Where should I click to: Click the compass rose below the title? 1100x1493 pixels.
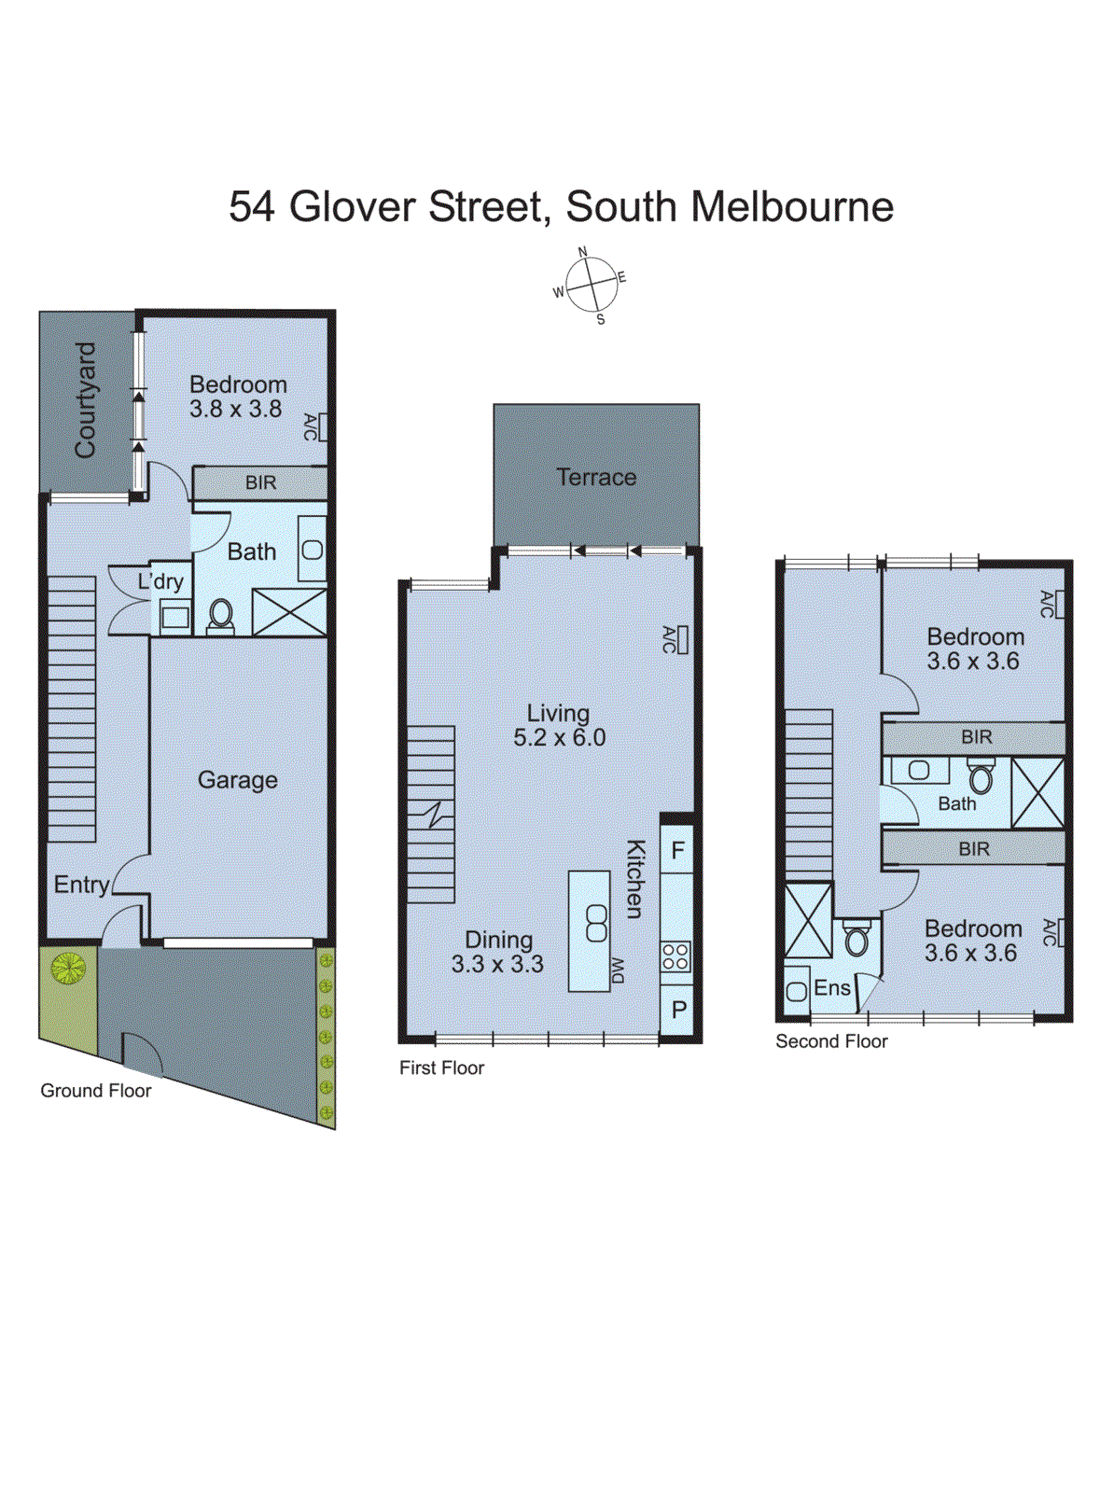coord(591,285)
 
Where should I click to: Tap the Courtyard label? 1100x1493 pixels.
coord(85,399)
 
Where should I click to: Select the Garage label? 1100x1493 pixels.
coord(237,780)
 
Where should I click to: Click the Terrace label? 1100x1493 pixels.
coord(596,477)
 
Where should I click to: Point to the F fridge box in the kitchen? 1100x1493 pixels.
coord(677,850)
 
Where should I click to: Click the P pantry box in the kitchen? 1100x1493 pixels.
coord(678,1009)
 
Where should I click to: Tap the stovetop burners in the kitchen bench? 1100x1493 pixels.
coord(675,956)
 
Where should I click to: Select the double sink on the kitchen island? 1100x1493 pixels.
coord(595,923)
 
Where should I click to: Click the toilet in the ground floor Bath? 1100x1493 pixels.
coord(220,616)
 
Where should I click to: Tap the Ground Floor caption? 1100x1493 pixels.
coord(95,1091)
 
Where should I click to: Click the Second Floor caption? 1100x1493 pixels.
coord(831,1041)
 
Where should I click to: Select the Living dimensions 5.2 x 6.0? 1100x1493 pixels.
coord(559,738)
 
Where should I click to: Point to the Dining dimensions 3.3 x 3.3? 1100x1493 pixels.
coord(497,964)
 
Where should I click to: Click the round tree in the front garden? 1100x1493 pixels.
coord(68,968)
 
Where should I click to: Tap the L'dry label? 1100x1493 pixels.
coord(160,581)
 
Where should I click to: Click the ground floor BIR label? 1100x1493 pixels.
coord(260,482)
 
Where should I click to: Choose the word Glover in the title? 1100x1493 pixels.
coord(353,206)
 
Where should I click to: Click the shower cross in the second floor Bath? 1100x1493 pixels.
coord(1037,792)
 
